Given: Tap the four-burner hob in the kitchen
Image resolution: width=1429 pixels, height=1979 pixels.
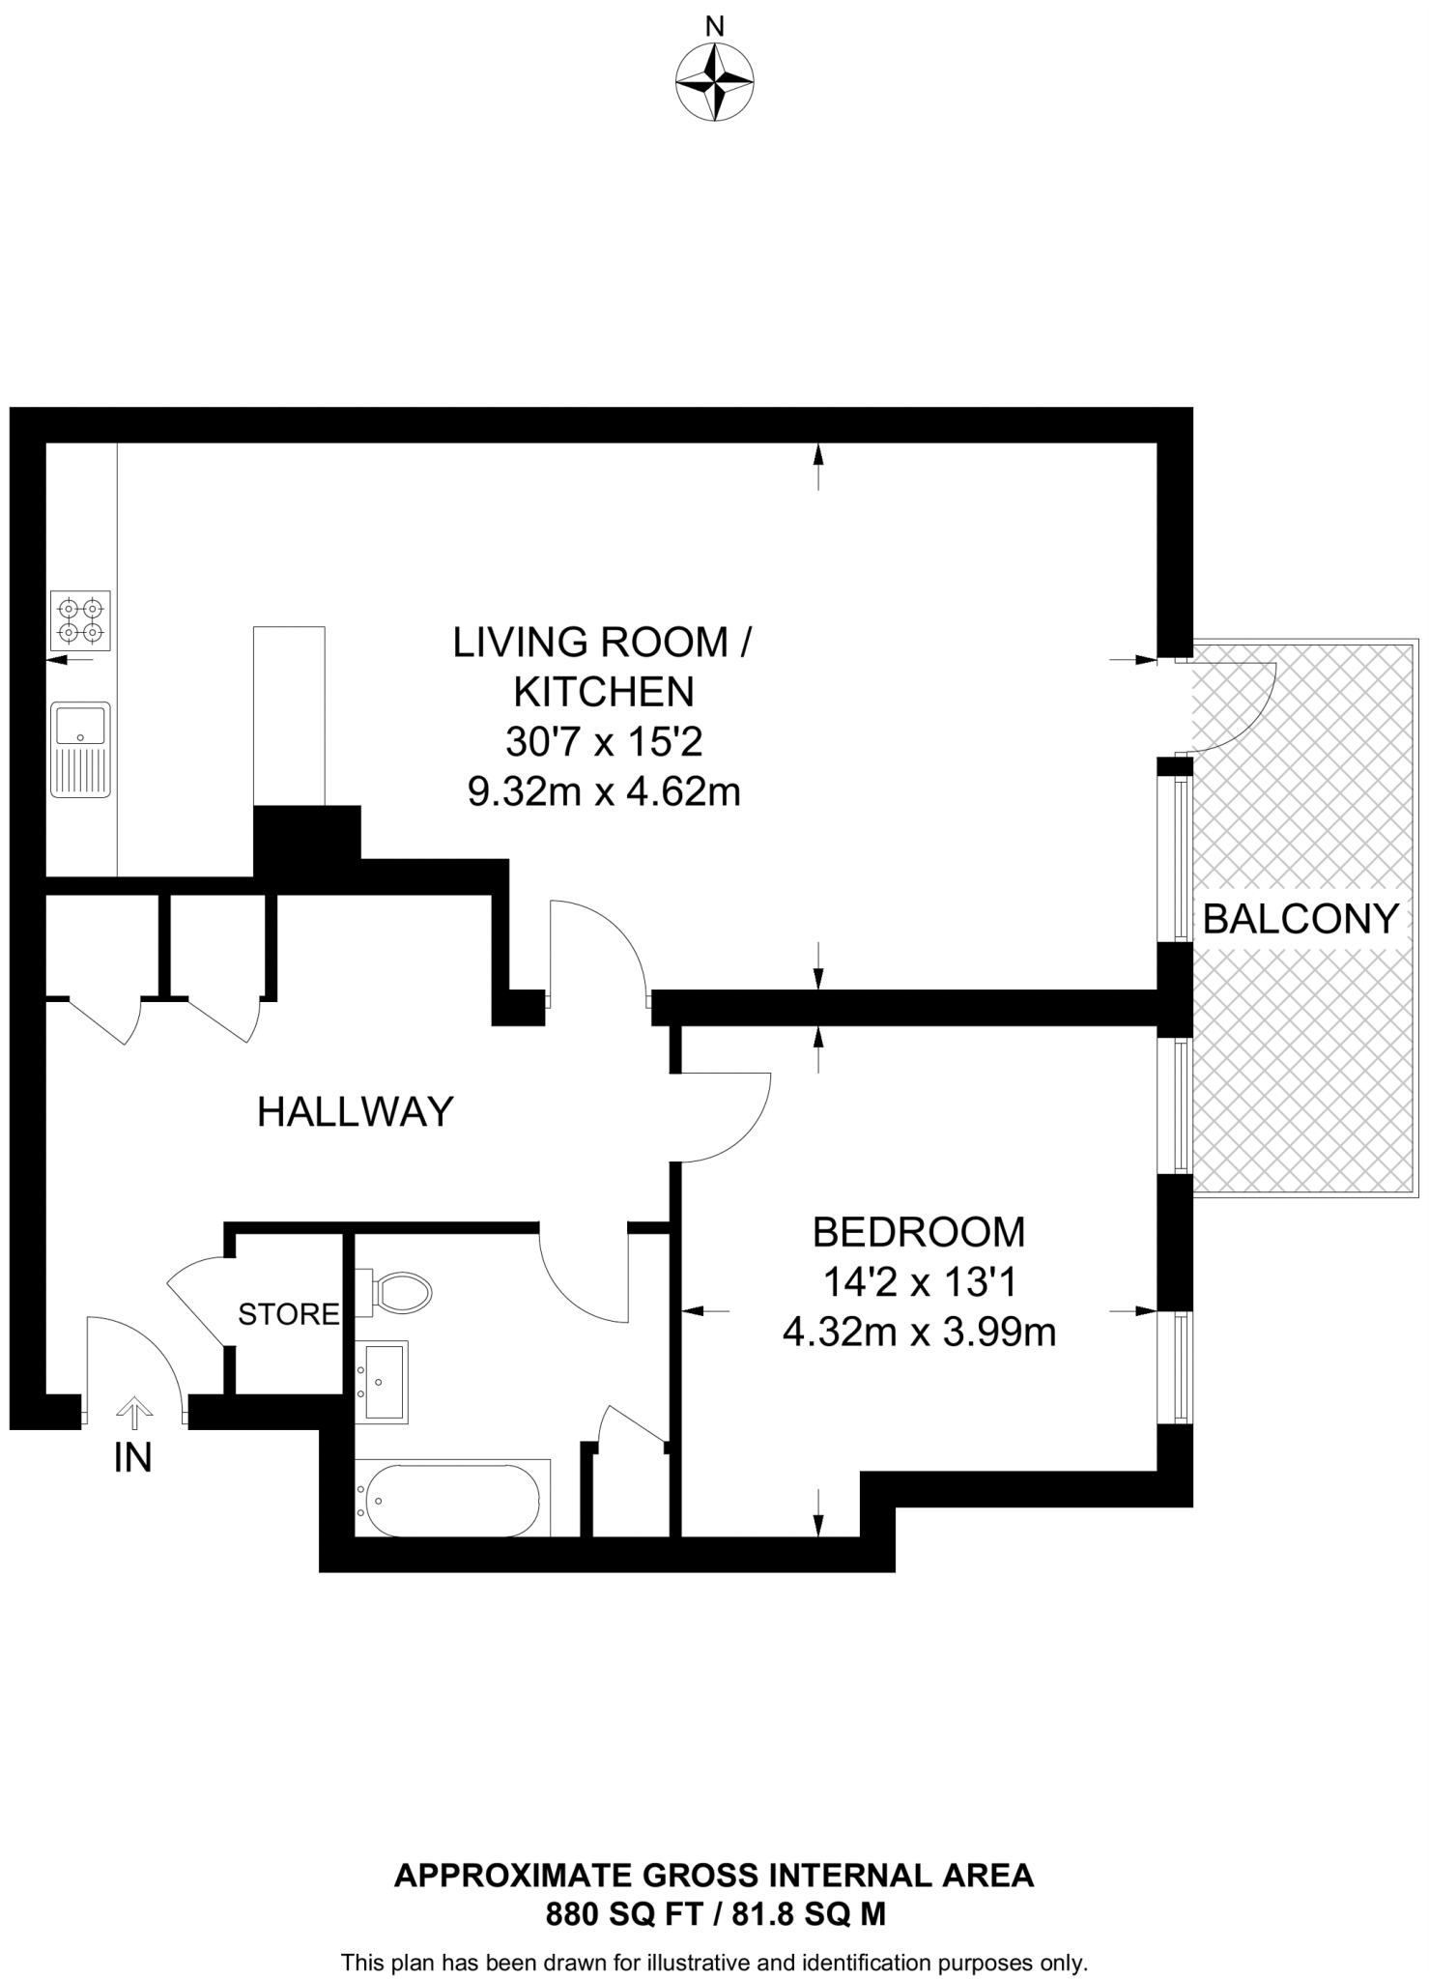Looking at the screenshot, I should (80, 621).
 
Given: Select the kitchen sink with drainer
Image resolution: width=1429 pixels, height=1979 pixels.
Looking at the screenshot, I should (80, 749).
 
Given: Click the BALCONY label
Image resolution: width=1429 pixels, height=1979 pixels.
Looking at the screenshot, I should (1300, 918).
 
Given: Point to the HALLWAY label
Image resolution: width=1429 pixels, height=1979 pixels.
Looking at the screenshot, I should (356, 1112).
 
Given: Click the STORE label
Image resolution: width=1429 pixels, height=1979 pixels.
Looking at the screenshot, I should (289, 1314).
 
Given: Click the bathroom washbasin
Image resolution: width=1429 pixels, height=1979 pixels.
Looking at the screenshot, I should (383, 1382).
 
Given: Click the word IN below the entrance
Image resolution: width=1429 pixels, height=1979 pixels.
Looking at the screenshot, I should (133, 1458).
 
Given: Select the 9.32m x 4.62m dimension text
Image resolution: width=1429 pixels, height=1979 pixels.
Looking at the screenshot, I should (604, 792).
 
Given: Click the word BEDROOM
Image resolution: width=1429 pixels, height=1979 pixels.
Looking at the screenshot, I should (918, 1232).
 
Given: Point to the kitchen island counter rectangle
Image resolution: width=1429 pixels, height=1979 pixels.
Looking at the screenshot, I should (289, 715).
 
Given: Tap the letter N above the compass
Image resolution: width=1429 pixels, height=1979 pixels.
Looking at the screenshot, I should (714, 27).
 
